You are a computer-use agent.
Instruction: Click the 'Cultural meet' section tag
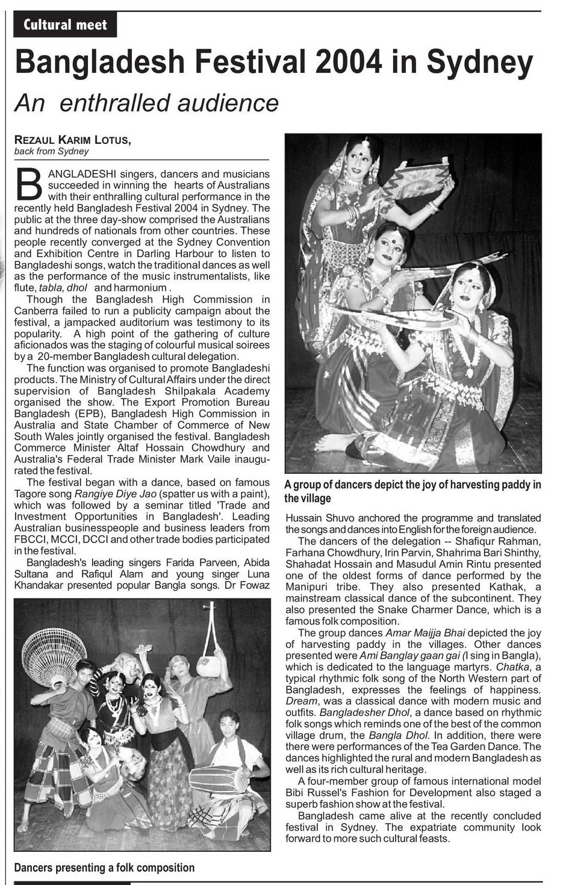(66, 25)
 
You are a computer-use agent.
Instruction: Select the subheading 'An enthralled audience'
(147, 103)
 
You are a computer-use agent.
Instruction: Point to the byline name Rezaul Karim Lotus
(72, 140)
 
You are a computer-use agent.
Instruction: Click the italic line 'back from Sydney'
(51, 151)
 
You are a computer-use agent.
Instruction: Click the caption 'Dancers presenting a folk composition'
(104, 868)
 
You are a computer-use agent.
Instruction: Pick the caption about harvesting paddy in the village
(412, 491)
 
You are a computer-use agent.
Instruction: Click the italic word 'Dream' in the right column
(301, 701)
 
